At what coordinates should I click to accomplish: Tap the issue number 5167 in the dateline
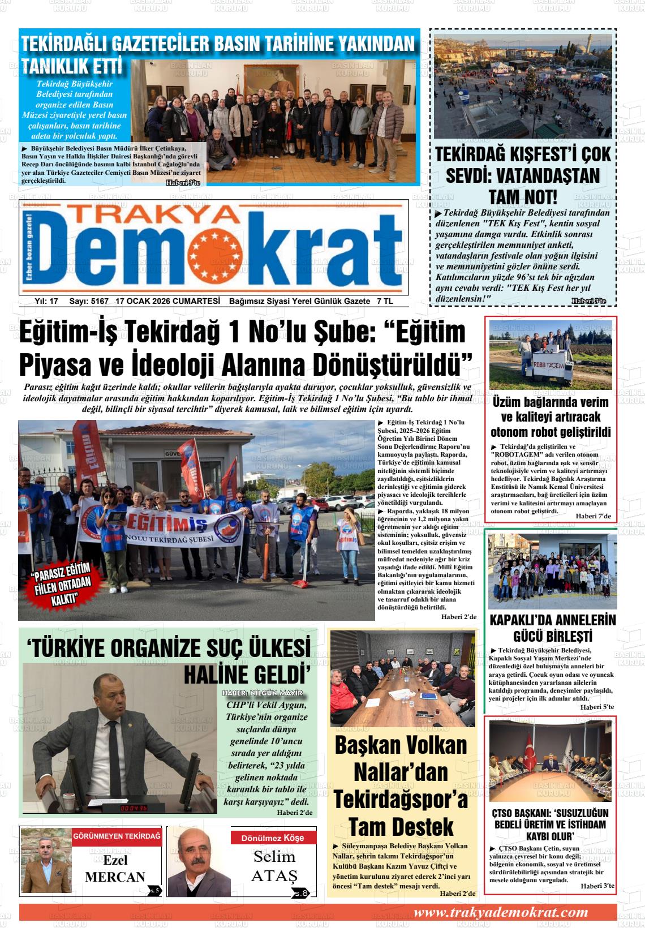click(x=98, y=302)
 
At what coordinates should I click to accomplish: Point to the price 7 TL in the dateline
click(x=385, y=302)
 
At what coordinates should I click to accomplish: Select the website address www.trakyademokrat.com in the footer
click(x=500, y=912)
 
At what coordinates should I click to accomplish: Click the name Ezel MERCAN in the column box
click(x=115, y=869)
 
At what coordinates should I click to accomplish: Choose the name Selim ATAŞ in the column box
click(x=274, y=865)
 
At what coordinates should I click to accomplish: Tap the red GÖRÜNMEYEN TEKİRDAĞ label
click(x=117, y=836)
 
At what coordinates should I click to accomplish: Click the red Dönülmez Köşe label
click(x=272, y=838)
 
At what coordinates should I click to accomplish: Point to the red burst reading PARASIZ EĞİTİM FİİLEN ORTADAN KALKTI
click(x=62, y=585)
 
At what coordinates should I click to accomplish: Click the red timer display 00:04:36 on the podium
click(x=134, y=808)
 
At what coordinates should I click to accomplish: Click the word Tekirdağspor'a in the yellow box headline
click(x=401, y=799)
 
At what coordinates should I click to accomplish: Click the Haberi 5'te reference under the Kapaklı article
click(x=597, y=707)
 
